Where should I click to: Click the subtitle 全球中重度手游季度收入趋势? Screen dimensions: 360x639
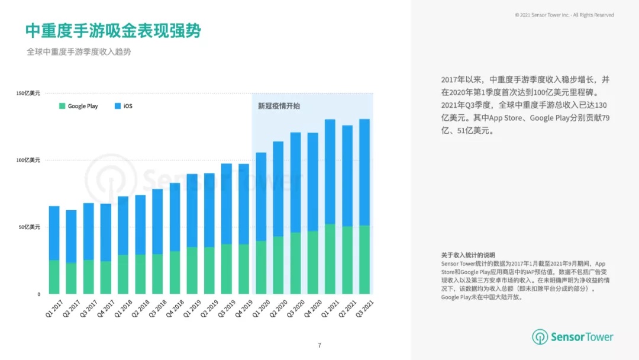(79, 52)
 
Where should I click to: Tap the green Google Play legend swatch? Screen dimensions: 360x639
(62, 106)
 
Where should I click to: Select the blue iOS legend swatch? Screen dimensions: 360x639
(118, 106)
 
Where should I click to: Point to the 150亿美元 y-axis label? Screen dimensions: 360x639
(28, 94)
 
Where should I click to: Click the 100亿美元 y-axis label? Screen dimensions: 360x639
(28, 160)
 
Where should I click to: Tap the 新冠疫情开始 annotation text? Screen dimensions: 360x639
(279, 106)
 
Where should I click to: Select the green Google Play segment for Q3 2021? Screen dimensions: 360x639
(364, 259)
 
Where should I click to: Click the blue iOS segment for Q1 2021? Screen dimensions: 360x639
(330, 172)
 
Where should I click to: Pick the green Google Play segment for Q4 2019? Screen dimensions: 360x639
(244, 269)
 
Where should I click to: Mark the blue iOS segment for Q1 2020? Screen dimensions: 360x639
(261, 197)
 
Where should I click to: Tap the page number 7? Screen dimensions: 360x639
(319, 345)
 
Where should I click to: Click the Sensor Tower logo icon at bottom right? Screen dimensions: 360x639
(540, 337)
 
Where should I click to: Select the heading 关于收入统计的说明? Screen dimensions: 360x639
(468, 255)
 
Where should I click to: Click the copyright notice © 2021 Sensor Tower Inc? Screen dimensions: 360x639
(564, 15)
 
